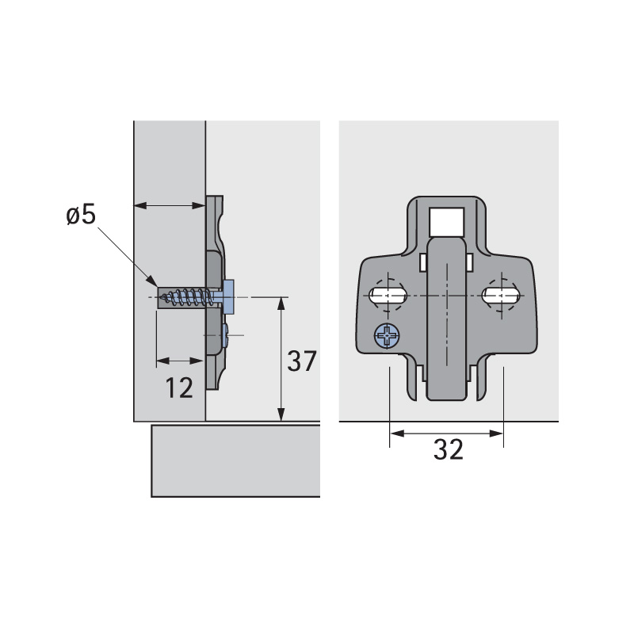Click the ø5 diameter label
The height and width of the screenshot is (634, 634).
[x=81, y=214]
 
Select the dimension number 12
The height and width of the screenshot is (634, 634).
[x=179, y=388]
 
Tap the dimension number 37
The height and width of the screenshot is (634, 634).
[x=302, y=361]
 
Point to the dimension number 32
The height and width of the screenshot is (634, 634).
[x=448, y=449]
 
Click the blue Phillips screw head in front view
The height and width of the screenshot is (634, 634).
[x=387, y=335]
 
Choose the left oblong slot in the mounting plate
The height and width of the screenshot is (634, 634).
[x=388, y=296]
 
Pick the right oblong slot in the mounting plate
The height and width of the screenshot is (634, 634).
[x=501, y=296]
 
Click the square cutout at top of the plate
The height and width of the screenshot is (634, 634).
[x=446, y=222]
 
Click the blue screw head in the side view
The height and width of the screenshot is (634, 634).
[x=228, y=297]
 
